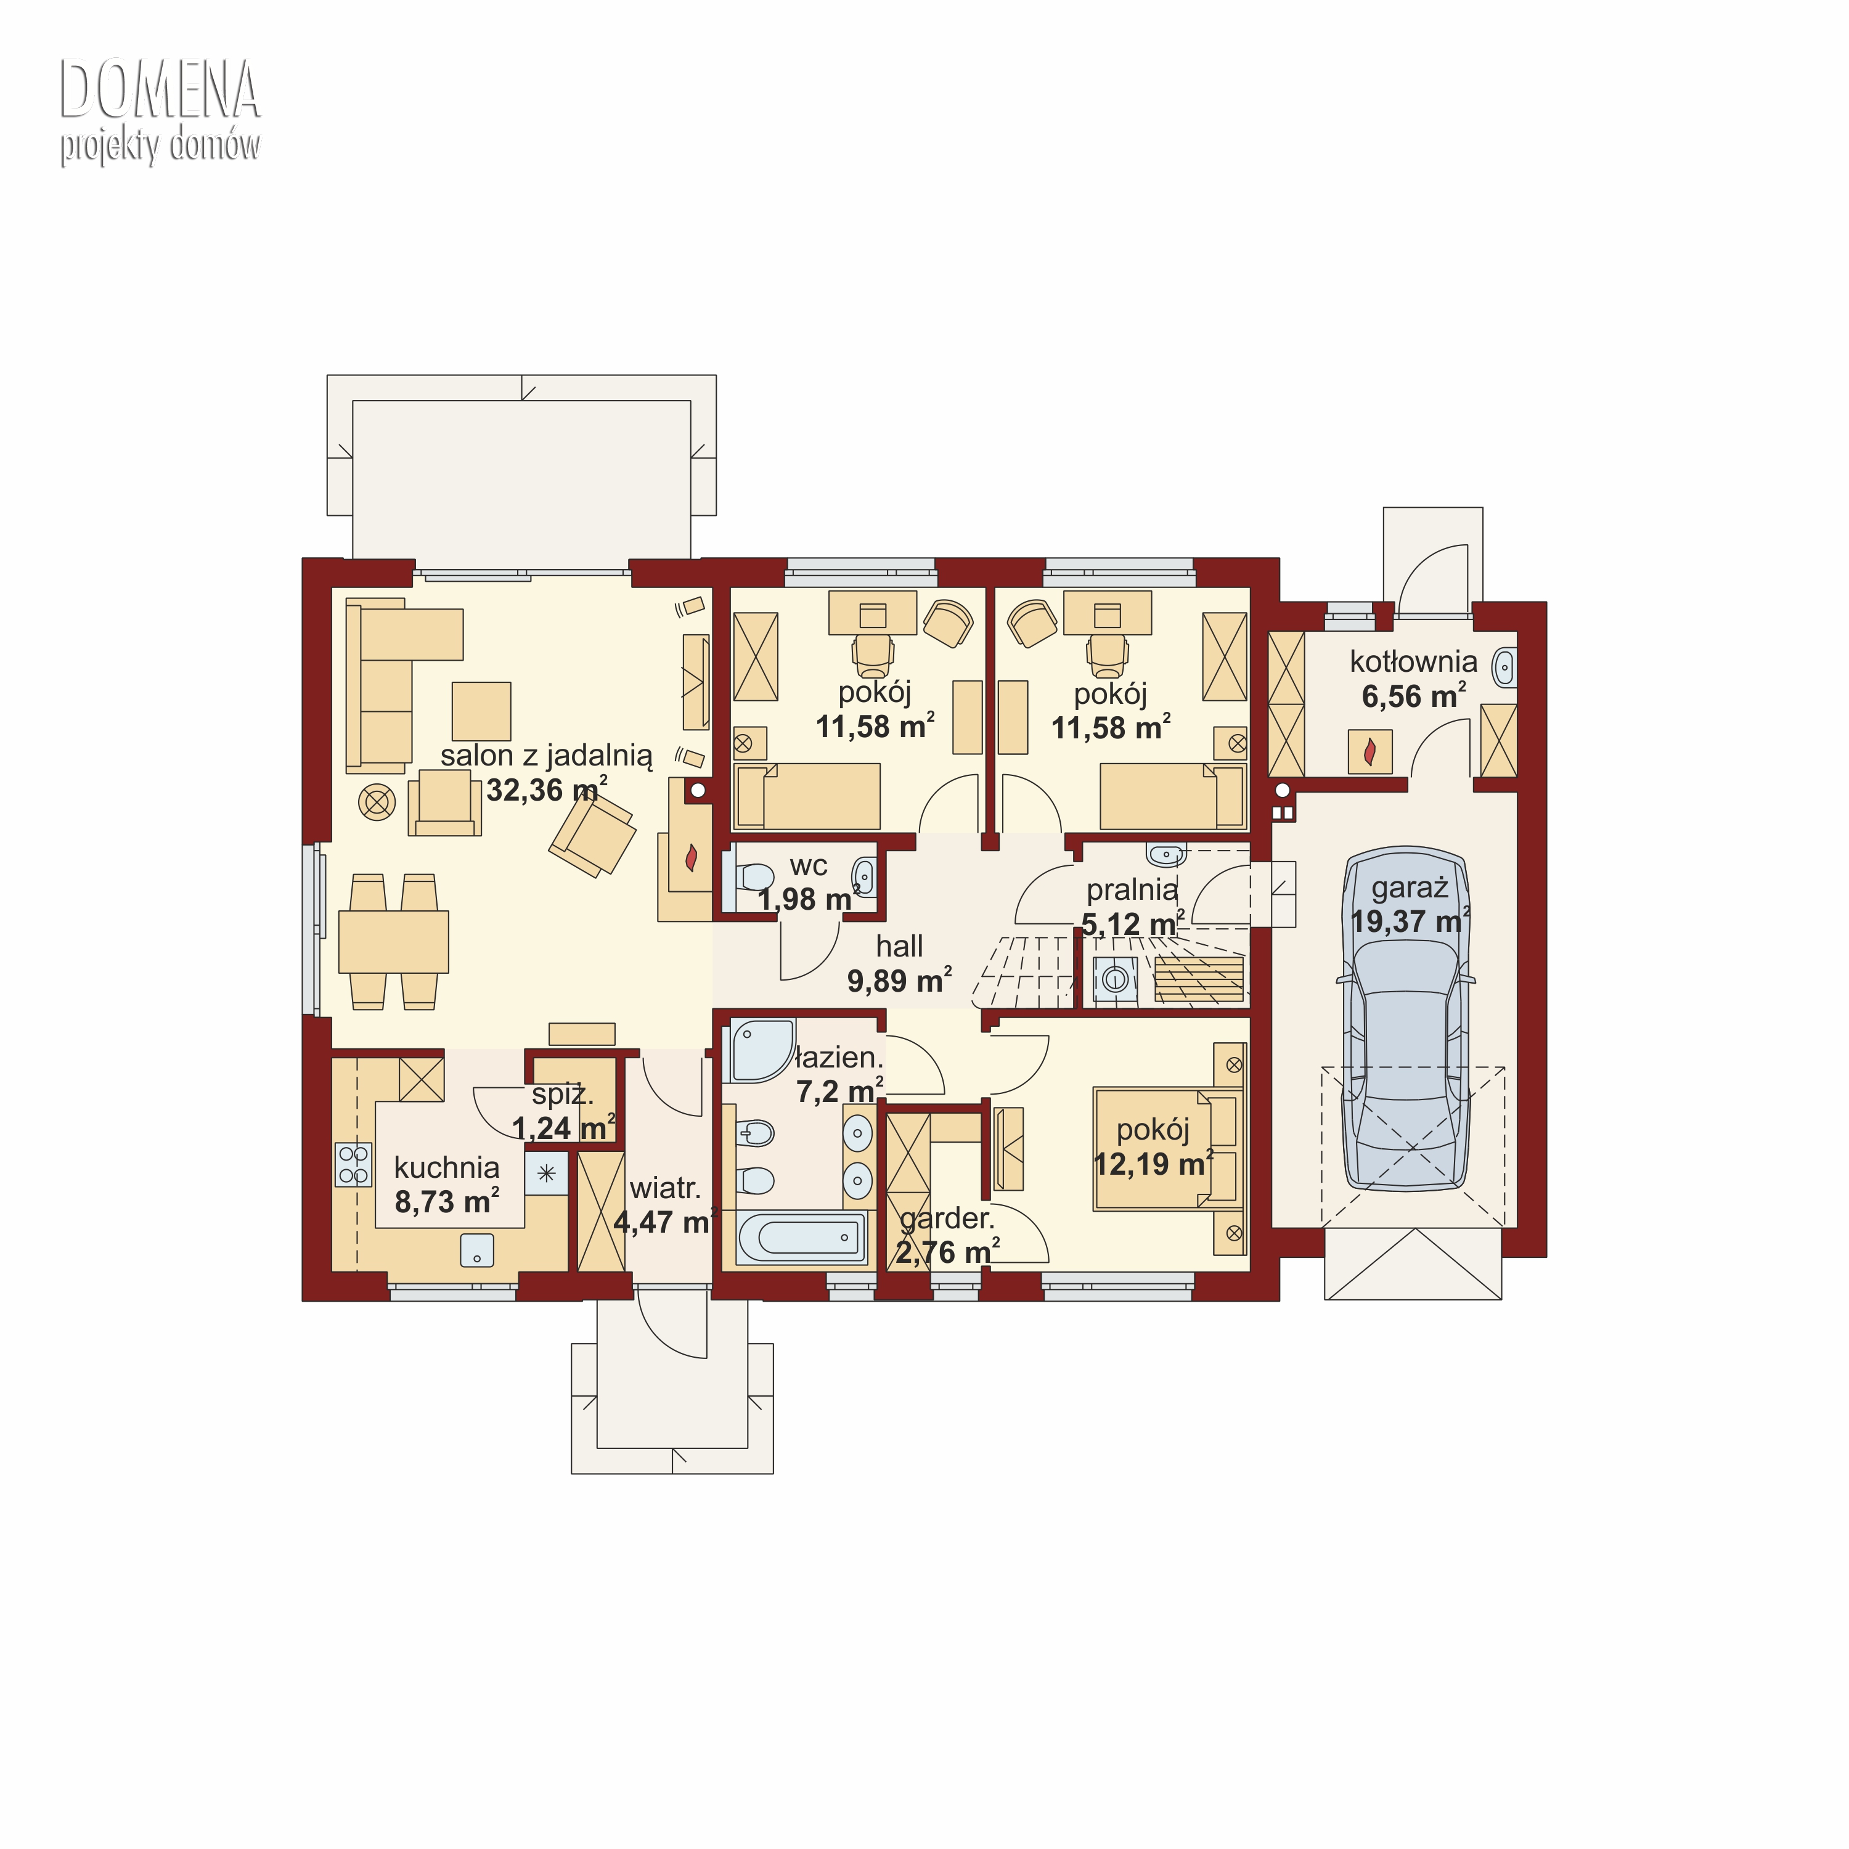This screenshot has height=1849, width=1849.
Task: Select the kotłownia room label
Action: [1413, 661]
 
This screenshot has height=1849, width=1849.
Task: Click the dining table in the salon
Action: [393, 942]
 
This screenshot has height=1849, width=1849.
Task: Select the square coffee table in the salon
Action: [481, 711]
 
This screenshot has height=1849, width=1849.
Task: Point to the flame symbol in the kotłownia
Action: [1369, 751]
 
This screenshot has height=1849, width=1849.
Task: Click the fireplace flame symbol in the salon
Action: [691, 857]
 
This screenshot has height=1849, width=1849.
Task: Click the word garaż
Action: [1409, 888]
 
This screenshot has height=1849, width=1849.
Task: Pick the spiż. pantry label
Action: [563, 1095]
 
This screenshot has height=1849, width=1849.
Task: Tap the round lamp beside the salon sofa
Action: [377, 802]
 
